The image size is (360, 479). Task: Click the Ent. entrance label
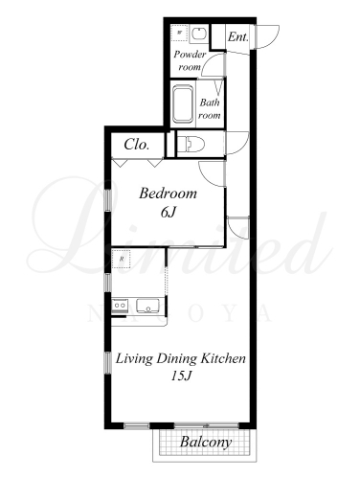pyautogui.click(x=238, y=36)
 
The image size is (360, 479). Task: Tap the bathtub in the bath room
pyautogui.click(x=183, y=103)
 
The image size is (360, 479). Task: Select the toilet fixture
pyautogui.click(x=191, y=145)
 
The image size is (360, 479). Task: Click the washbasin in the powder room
pyautogui.click(x=199, y=34)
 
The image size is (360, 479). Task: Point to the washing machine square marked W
pyautogui.click(x=179, y=33)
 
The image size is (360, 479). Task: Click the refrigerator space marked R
pyautogui.click(x=122, y=259)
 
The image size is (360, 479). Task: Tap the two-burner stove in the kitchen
pyautogui.click(x=120, y=306)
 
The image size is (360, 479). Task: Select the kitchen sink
pyautogui.click(x=147, y=306)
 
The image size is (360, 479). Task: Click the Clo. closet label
pyautogui.click(x=137, y=145)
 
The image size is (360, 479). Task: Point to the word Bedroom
pyautogui.click(x=168, y=194)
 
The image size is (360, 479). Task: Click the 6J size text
pyautogui.click(x=168, y=212)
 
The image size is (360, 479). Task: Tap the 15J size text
pyautogui.click(x=181, y=376)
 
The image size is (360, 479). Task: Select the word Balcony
pyautogui.click(x=206, y=443)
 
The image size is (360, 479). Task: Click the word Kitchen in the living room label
pyautogui.click(x=223, y=358)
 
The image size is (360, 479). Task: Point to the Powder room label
pyautogui.click(x=190, y=60)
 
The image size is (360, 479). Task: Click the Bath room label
pyautogui.click(x=210, y=108)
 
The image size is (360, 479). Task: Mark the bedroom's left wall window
pyautogui.click(x=107, y=200)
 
